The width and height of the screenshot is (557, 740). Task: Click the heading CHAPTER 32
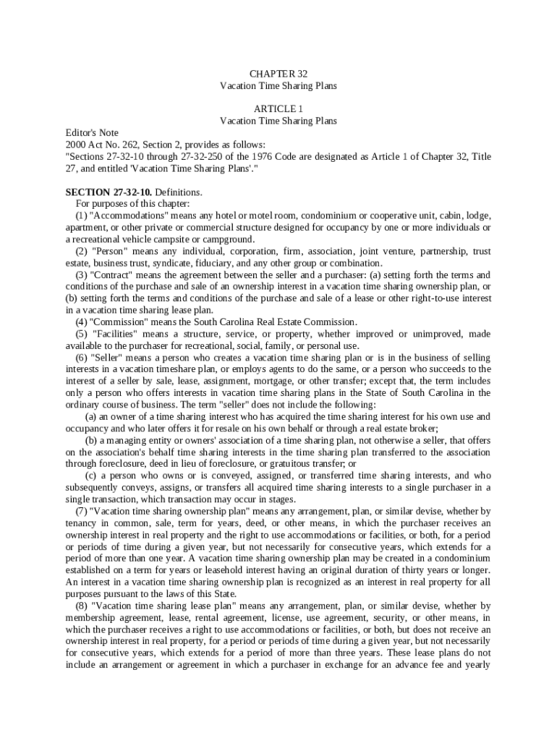(x=278, y=74)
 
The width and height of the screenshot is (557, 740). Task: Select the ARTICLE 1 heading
(x=278, y=109)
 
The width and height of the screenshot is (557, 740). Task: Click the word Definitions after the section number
(x=180, y=192)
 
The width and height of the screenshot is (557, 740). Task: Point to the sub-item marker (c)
(x=92, y=476)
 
